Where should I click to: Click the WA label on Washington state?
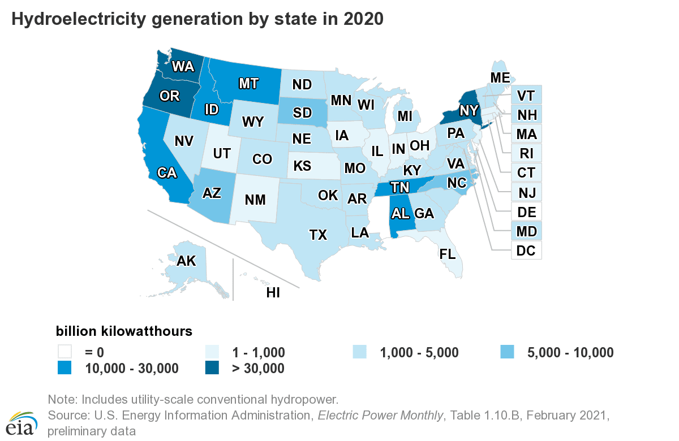(x=183, y=67)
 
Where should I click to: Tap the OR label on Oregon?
(x=169, y=96)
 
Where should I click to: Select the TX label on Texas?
(x=319, y=235)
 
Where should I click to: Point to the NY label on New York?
(x=469, y=110)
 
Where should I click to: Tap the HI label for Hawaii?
(x=273, y=292)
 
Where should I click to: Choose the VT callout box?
(x=527, y=96)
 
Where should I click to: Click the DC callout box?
(x=527, y=249)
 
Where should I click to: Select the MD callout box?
(x=527, y=231)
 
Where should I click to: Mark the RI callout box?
(x=527, y=153)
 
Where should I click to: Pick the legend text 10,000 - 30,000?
(x=132, y=369)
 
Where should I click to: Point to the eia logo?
(x=22, y=421)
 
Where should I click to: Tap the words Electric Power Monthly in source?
(x=380, y=416)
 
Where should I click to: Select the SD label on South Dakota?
(x=302, y=113)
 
